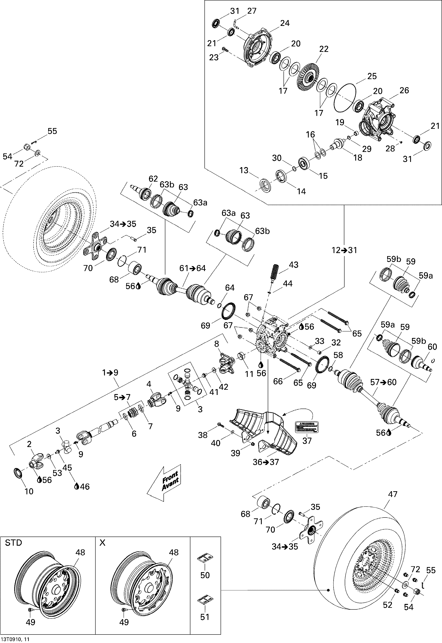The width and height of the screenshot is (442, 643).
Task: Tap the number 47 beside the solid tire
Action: pyautogui.click(x=393, y=494)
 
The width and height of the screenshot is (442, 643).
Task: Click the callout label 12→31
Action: pyautogui.click(x=344, y=250)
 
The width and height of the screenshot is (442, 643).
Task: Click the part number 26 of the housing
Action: pyautogui.click(x=404, y=90)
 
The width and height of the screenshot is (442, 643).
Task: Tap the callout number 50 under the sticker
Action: pyautogui.click(x=205, y=575)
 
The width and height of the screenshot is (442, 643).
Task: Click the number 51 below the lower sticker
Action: pyautogui.click(x=205, y=617)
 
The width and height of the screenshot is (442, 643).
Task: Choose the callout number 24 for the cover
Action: pyautogui.click(x=285, y=23)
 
